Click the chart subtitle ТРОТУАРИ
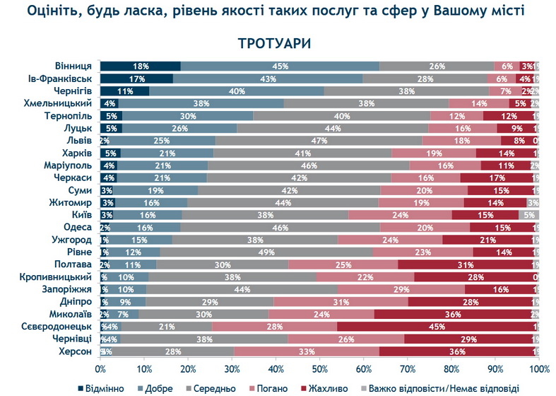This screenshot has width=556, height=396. click(x=278, y=44)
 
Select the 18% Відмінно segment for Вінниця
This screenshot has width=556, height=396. click(x=140, y=66)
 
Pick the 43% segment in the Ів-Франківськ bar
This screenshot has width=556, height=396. click(x=268, y=78)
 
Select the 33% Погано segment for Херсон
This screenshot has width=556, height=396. click(x=306, y=351)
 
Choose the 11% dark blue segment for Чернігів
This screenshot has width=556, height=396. click(x=124, y=91)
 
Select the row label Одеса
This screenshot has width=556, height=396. click(x=76, y=226)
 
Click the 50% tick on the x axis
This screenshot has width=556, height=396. click(x=319, y=368)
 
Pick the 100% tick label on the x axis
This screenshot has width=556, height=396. click(x=540, y=368)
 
